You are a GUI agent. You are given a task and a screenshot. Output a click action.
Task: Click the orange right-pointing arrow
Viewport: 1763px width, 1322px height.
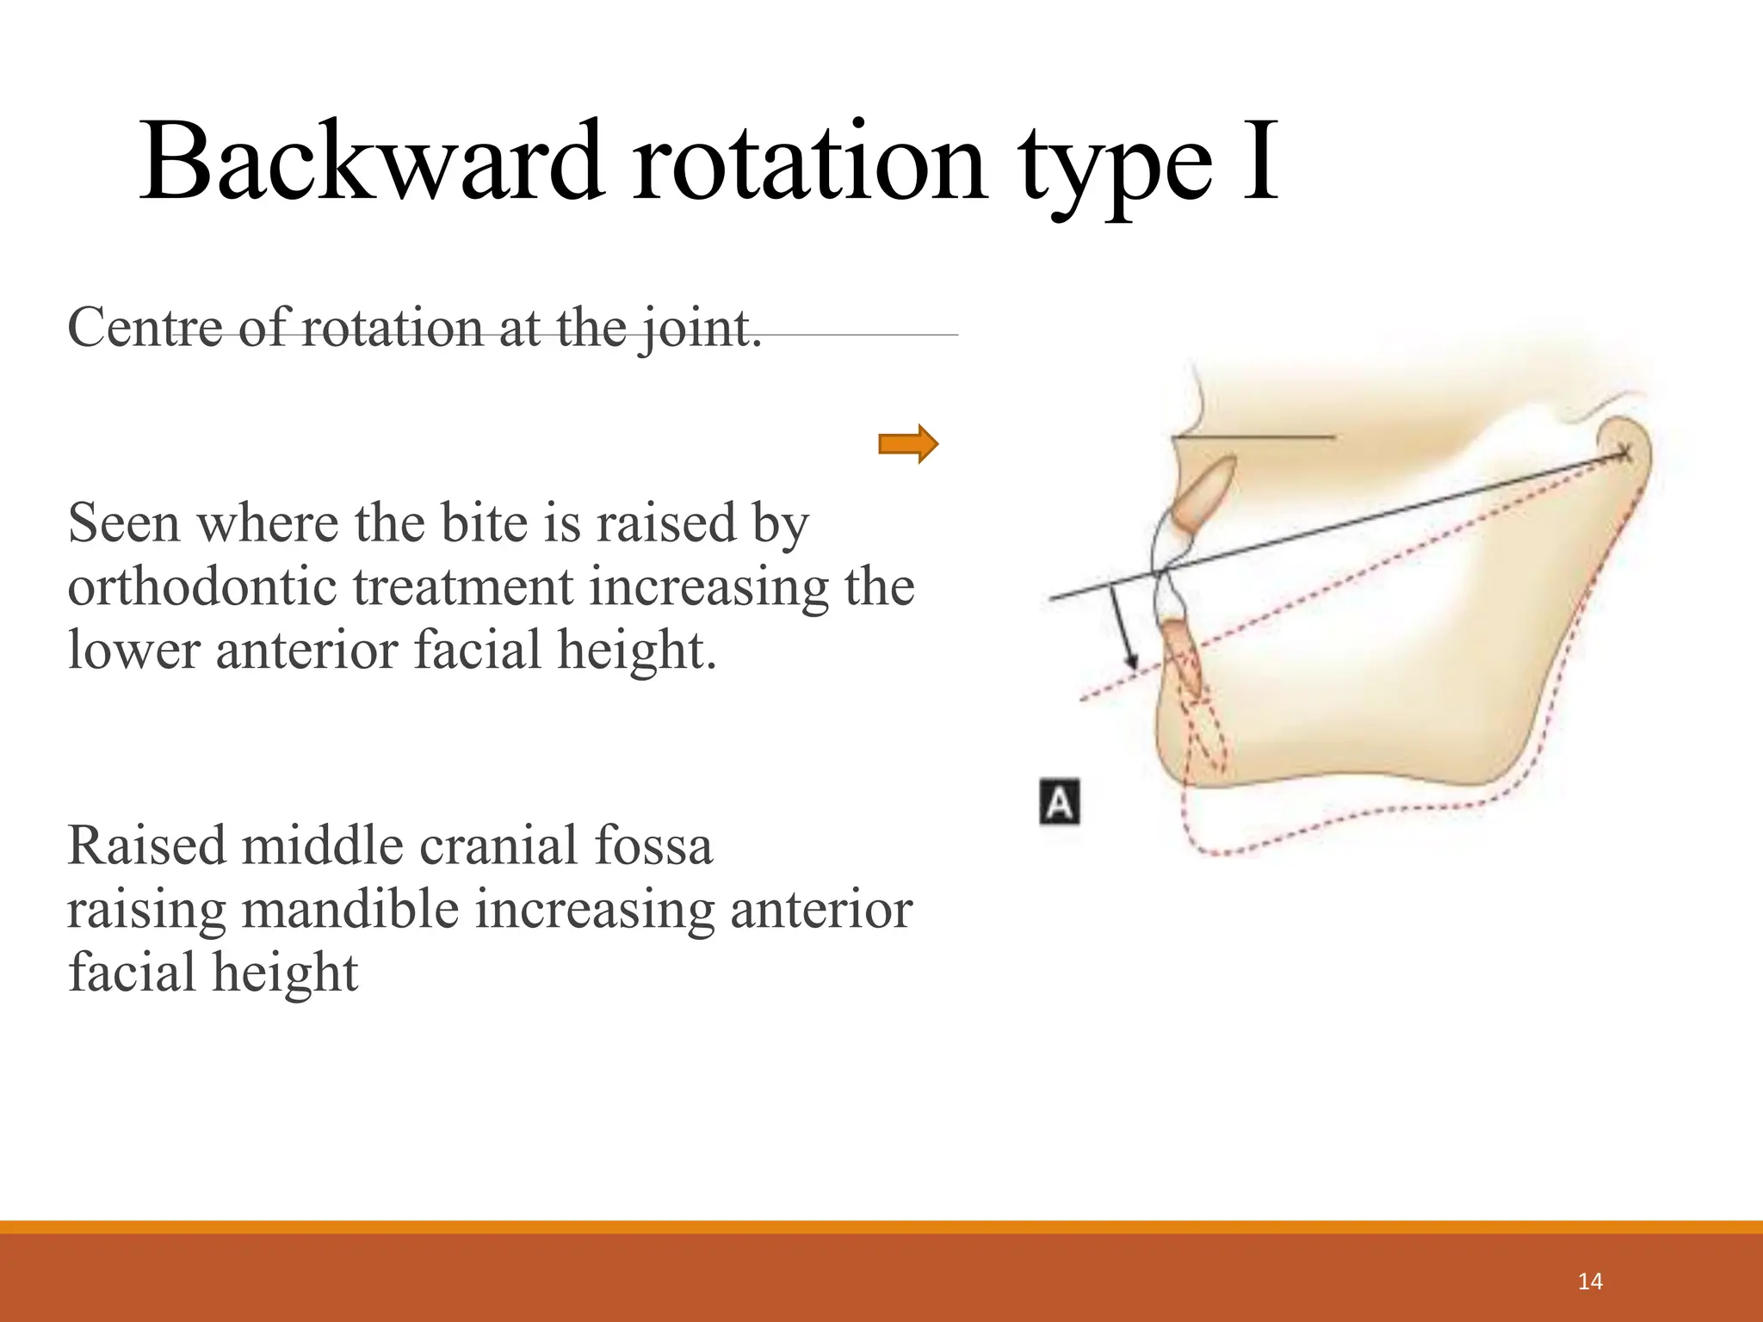point(907,444)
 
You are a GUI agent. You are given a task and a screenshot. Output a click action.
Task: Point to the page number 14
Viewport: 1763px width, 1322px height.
point(1590,1282)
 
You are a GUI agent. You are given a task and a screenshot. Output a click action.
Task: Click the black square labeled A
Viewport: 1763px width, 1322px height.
point(1060,803)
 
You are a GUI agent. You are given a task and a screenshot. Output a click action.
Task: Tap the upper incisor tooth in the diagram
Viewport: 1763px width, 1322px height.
point(1206,494)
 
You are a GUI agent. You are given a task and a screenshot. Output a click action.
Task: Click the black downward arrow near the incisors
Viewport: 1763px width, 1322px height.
point(1123,628)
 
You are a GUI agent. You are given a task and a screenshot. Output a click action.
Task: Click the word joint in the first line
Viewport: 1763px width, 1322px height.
point(698,330)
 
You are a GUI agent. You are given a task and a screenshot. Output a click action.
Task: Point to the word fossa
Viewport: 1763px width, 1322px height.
point(662,845)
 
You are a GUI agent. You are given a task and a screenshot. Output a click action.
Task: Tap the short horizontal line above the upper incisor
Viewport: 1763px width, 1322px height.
point(1253,437)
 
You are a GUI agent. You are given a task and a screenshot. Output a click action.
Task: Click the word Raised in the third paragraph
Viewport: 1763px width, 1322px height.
point(147,845)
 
